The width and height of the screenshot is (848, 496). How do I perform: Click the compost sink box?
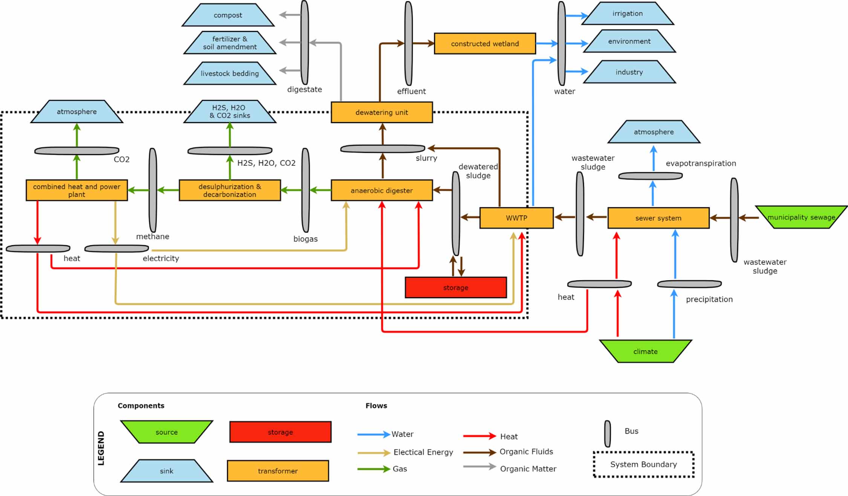228,15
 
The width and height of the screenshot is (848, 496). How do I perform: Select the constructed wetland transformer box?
485,44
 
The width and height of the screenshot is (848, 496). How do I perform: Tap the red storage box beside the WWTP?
456,287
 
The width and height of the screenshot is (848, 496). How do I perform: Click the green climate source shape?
645,351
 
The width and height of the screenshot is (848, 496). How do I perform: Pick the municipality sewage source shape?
801,217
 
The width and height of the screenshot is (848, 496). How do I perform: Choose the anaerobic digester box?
381,190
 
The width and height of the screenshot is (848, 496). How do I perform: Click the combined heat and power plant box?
77,190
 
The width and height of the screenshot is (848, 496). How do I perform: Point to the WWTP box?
516,218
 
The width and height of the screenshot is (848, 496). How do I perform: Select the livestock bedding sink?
230,73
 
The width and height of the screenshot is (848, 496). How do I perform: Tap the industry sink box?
629,72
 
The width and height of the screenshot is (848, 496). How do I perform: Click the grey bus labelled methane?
153,190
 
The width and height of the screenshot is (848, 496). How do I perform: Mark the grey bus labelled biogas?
306,190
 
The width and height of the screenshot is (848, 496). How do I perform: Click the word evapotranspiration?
701,163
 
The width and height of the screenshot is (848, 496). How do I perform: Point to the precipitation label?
709,299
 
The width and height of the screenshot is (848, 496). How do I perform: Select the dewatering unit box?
381,112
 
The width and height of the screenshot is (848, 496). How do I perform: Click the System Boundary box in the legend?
643,464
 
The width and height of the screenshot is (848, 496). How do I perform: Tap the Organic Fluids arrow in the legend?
479,452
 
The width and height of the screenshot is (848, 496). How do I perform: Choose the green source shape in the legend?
167,432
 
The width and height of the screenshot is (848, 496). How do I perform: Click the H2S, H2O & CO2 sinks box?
230,111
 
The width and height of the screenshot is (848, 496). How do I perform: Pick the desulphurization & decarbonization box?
230,190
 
